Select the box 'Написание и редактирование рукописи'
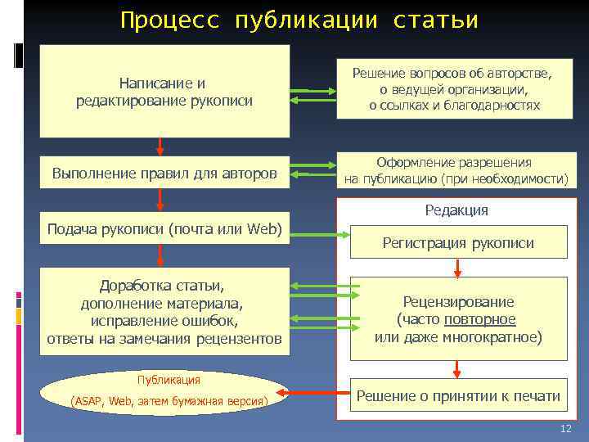point(164,91)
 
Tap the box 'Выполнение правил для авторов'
point(164,173)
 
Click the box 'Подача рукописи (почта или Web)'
point(164,227)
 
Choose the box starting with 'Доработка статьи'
point(164,312)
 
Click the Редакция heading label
point(456,210)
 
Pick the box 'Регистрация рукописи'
point(458,242)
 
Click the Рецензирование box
point(458,318)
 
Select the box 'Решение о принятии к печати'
point(458,397)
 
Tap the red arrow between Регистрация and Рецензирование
point(458,268)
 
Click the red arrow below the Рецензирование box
point(458,370)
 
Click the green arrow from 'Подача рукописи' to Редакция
point(315,236)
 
